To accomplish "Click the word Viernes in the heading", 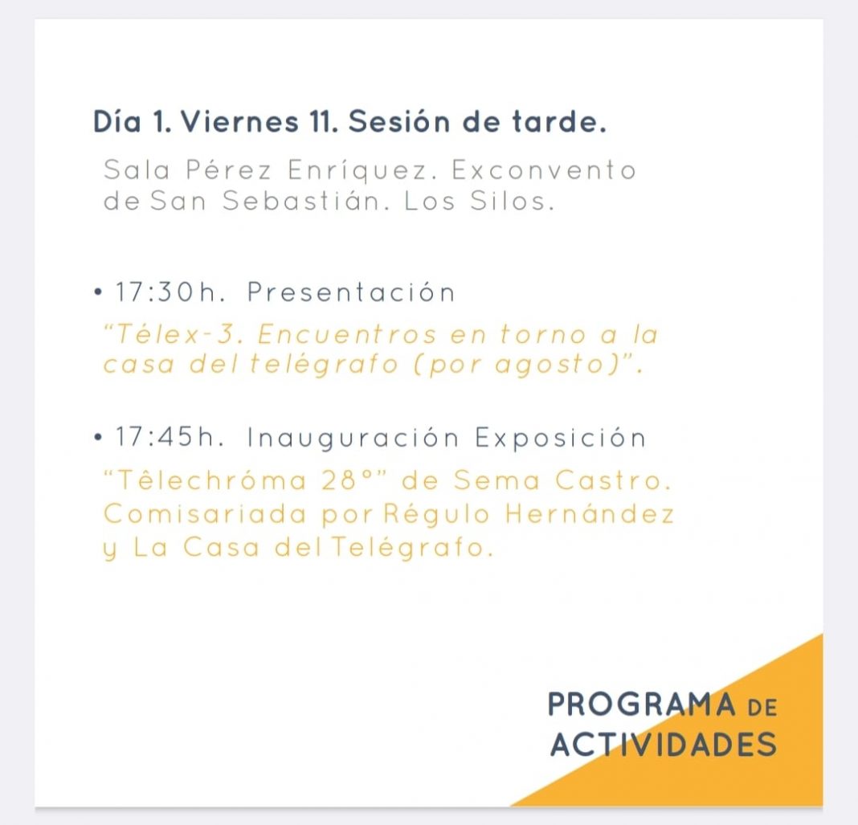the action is pos(239,121).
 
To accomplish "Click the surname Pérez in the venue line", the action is pos(229,169).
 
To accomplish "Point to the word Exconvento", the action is pos(544,170).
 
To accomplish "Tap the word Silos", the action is pos(513,201).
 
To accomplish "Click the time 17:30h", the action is pos(170,292).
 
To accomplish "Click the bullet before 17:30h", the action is pos(98,292).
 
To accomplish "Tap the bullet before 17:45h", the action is pos(98,437).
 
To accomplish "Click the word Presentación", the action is pos(351,292).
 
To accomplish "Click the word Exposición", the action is pos(561,439).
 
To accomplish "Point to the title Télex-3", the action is pos(174,334).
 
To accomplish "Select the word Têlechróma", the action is pos(205,480).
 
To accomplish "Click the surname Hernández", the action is pos(590,513).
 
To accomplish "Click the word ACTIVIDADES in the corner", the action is pos(664,744).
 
